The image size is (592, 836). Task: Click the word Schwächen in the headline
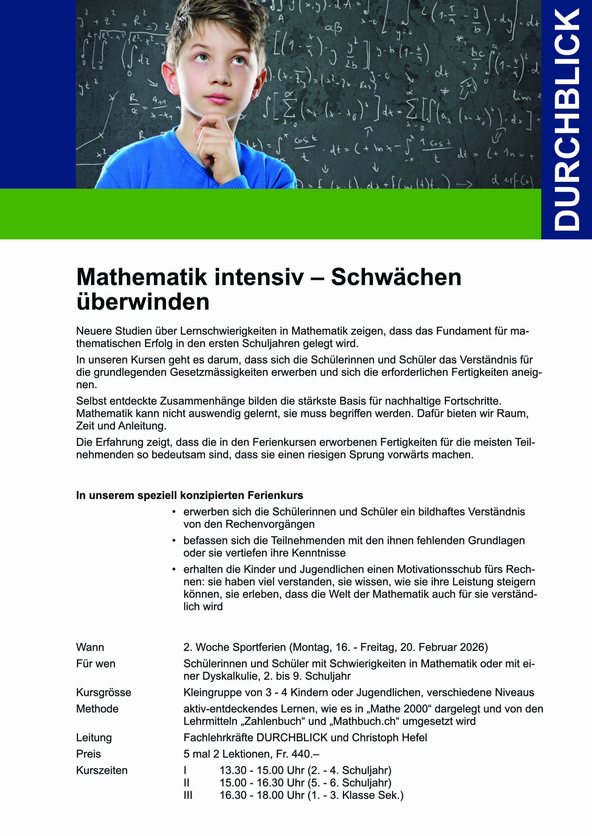coord(396,278)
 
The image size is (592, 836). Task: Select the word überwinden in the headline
coord(143,302)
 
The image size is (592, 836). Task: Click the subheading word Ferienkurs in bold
coord(275,495)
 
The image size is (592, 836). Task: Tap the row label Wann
coord(90,647)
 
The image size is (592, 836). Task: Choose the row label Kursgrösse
coord(104,692)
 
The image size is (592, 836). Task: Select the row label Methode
coord(97,709)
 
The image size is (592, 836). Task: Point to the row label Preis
coord(89,754)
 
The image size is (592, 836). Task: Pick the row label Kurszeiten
coord(102,770)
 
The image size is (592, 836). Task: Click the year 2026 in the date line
coord(472,647)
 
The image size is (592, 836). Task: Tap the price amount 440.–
coord(305,754)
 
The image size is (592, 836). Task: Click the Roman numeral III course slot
coord(188,795)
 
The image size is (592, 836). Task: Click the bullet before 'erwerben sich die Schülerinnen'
coord(174,512)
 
